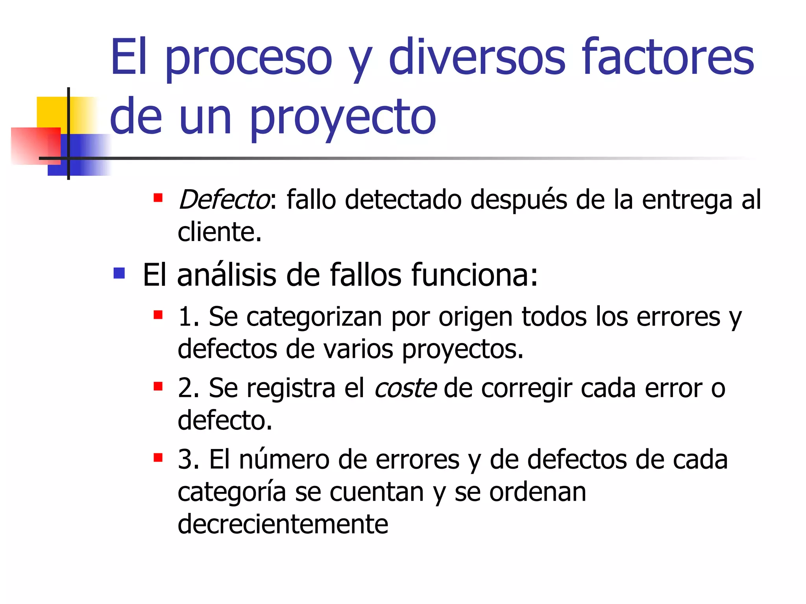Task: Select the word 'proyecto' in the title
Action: pos(342,117)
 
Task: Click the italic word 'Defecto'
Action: pos(224,199)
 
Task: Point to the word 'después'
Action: pos(519,199)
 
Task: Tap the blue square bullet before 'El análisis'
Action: pos(119,273)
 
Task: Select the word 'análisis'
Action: pos(227,275)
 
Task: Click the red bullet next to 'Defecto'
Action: pos(158,197)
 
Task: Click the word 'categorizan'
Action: pos(314,317)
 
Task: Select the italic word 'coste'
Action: pos(405,388)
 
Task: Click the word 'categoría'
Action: pos(231,492)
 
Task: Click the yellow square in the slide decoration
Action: pos(51,112)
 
